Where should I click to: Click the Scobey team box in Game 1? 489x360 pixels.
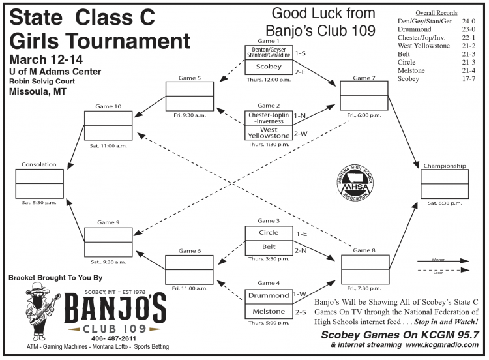pyautogui.click(x=269, y=67)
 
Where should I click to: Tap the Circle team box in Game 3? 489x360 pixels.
pyautogui.click(x=269, y=233)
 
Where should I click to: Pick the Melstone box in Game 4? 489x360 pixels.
pyautogui.click(x=269, y=312)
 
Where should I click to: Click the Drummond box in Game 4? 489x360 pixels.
pyautogui.click(x=269, y=296)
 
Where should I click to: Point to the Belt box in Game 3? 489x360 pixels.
pyautogui.click(x=269, y=248)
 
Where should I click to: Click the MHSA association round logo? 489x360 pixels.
pyautogui.click(x=355, y=181)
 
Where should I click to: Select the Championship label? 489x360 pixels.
pyautogui.click(x=445, y=166)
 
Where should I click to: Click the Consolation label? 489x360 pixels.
pyautogui.click(x=39, y=164)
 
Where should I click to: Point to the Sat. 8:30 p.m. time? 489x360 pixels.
pyautogui.click(x=445, y=203)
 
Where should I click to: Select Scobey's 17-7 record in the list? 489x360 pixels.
pyautogui.click(x=466, y=79)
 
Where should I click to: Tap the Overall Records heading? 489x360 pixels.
pyautogui.click(x=437, y=12)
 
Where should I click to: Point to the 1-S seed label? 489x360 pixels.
pyautogui.click(x=301, y=53)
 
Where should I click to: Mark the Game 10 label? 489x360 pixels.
pyautogui.click(x=108, y=106)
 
